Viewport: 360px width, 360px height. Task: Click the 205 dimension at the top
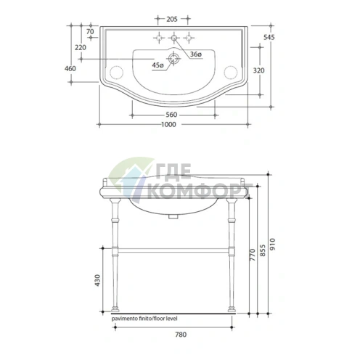click(x=172, y=19)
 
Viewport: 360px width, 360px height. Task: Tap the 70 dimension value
click(x=90, y=32)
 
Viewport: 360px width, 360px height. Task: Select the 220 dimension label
click(x=81, y=47)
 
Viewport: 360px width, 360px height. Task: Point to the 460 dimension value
click(x=70, y=69)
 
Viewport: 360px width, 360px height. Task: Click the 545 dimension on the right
click(x=269, y=37)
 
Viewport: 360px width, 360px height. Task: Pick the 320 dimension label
click(x=258, y=70)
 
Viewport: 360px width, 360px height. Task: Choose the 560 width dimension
click(x=171, y=115)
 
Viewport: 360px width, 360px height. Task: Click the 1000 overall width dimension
click(x=168, y=125)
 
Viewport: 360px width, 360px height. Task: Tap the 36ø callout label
click(x=196, y=54)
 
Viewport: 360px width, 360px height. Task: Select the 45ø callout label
click(x=157, y=65)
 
